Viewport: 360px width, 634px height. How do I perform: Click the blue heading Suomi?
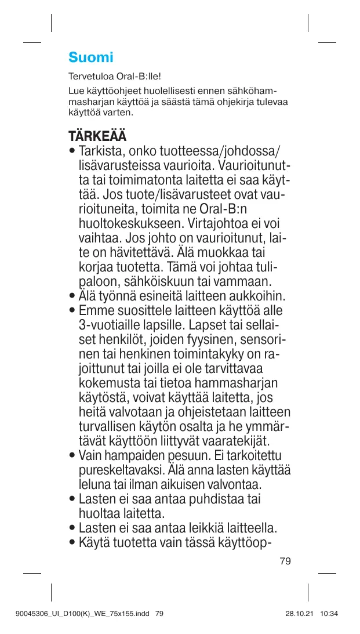pyautogui.click(x=90, y=57)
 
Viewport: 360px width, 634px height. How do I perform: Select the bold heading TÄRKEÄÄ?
pyautogui.click(x=97, y=137)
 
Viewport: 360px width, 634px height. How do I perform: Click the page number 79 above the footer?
pyautogui.click(x=285, y=561)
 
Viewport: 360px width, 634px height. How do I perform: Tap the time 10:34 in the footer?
pyautogui.click(x=329, y=613)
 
